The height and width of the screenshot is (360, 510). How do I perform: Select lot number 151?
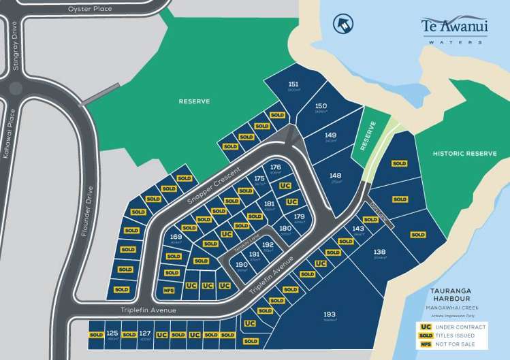(293, 84)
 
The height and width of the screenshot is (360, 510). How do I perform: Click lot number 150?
(321, 105)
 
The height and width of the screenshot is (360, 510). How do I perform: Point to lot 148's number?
(335, 176)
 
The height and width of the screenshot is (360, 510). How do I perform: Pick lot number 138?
(380, 252)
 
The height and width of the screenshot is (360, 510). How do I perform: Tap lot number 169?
(176, 237)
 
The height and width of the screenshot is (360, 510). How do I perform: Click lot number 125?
(112, 333)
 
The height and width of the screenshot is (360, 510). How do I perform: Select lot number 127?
(144, 333)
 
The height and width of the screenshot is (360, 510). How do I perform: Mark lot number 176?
(276, 167)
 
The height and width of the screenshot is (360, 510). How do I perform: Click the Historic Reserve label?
(465, 154)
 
